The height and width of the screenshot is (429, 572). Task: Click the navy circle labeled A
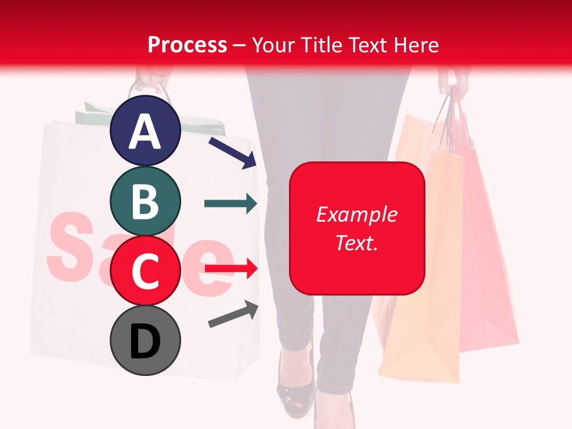[x=145, y=131]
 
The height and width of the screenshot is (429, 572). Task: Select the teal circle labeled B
[x=145, y=201]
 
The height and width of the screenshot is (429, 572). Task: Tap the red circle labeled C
[x=145, y=271]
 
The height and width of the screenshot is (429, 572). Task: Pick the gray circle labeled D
[x=145, y=340]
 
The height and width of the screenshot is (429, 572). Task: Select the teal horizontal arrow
[x=231, y=204]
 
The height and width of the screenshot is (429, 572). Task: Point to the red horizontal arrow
[x=231, y=269]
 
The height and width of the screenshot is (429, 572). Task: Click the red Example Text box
[x=357, y=228]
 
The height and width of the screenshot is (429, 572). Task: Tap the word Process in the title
[x=187, y=45]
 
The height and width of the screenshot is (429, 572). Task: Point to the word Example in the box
[x=357, y=214]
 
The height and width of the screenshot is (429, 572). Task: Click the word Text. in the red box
[x=357, y=243]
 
